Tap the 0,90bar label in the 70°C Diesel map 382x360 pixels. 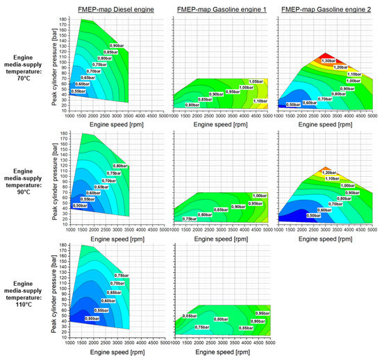pos(119,44)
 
